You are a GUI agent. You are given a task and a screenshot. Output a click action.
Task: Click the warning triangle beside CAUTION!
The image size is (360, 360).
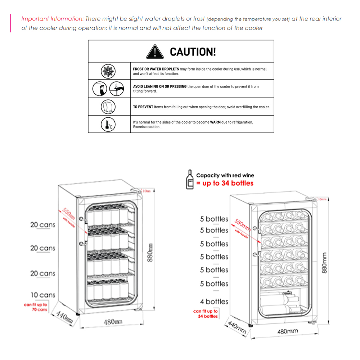click(155, 51)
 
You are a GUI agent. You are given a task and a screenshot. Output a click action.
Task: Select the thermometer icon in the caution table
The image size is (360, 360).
click(107, 124)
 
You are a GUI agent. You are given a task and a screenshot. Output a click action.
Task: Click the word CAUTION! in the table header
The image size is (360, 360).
click(193, 52)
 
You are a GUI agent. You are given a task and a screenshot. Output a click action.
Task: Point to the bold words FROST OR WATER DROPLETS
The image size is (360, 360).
click(156, 69)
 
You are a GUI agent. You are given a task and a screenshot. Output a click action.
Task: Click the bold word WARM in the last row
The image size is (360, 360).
click(215, 122)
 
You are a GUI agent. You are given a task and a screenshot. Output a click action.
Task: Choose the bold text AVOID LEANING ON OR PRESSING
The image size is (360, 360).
click(160, 87)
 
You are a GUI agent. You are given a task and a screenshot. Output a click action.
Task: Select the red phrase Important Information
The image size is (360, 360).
click(52, 19)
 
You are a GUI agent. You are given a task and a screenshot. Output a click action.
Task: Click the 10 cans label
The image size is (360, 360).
click(43, 295)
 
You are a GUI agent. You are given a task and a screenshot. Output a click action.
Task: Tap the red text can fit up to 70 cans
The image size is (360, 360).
click(36, 307)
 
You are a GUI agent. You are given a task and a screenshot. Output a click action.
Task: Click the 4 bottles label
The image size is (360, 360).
click(214, 302)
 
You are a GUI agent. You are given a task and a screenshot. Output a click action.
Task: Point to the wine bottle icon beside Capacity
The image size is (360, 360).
click(189, 179)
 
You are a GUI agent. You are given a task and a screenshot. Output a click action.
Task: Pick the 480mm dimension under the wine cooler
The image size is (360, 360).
click(288, 331)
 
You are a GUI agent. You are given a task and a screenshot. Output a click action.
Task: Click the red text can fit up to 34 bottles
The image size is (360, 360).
click(206, 314)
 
